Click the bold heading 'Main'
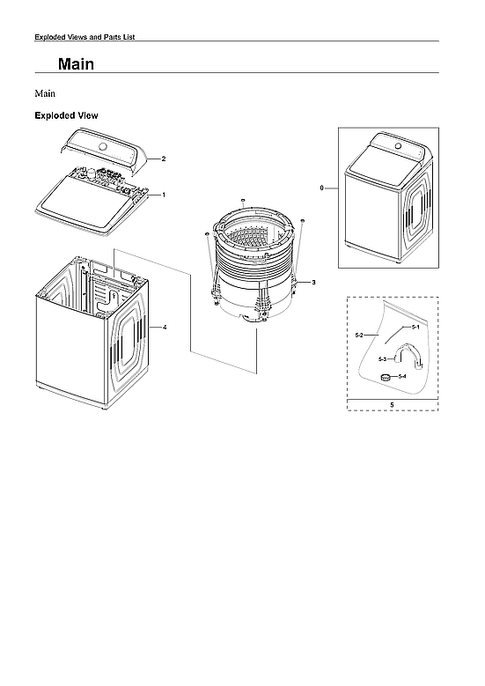pos(76,64)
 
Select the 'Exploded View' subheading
pos(65,115)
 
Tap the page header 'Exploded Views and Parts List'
pos(83,36)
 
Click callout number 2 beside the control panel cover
pos(163,159)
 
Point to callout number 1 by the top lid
pos(163,193)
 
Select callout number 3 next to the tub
pos(313,281)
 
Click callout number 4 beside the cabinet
pos(165,327)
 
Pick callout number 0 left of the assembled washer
pos(323,188)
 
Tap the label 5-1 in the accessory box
pos(415,327)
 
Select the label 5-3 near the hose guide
pos(382,359)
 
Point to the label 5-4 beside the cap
pos(402,377)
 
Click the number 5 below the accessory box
pos(391,405)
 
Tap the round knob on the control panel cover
pos(104,146)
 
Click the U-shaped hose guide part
pos(407,355)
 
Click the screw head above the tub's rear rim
pos(242,201)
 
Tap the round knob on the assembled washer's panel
pos(395,146)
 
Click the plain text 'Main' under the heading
pos(45,92)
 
